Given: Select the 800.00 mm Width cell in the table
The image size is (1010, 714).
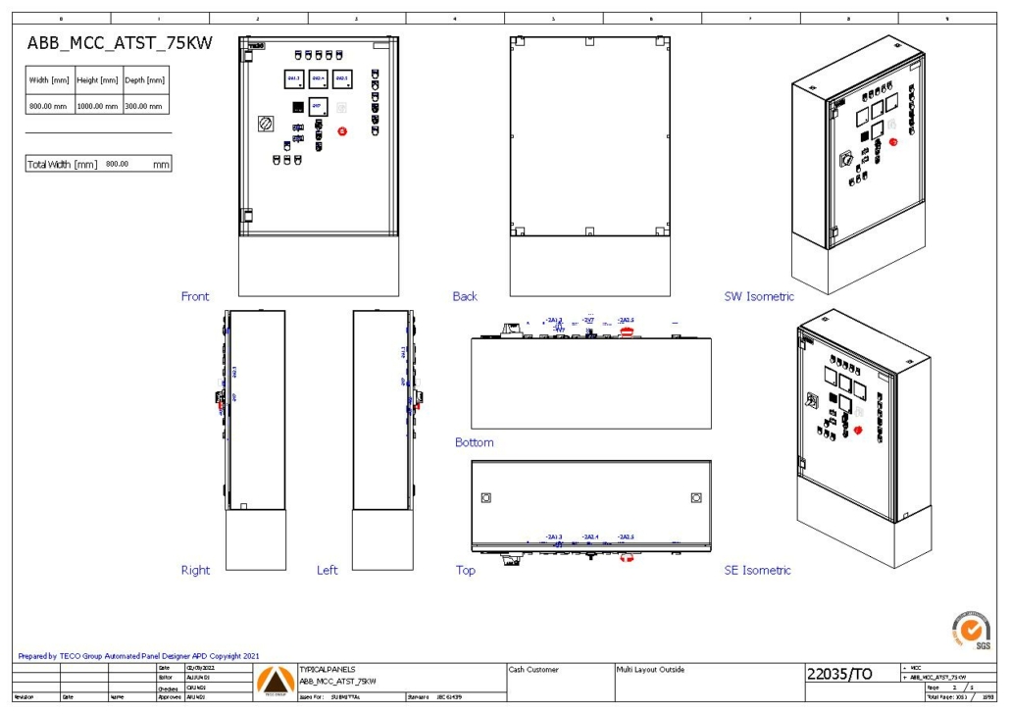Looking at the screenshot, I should (x=50, y=105).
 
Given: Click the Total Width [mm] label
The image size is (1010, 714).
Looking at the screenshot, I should (x=62, y=164).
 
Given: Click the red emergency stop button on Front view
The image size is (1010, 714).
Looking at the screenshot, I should (x=342, y=130).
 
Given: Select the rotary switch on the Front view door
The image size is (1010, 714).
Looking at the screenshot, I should (x=264, y=125).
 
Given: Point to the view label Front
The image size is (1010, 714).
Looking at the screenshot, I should (x=195, y=296).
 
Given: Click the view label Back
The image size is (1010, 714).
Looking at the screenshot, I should (x=465, y=296).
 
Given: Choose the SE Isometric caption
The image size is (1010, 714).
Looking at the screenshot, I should (x=757, y=570).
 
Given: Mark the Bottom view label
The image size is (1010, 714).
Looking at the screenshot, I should (x=475, y=442).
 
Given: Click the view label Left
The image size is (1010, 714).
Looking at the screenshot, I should (x=328, y=570).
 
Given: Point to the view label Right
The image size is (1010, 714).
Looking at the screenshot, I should (x=195, y=570).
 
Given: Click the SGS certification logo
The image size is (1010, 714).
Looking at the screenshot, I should (x=971, y=629).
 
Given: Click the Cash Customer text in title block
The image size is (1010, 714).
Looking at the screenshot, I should (x=533, y=670).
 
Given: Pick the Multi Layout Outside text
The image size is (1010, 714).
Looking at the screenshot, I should (x=650, y=670).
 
